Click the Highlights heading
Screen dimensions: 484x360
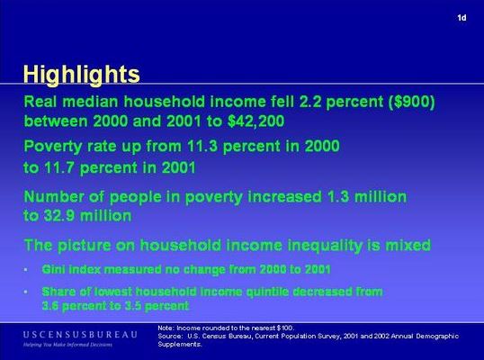coord(82,75)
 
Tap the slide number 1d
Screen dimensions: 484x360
coord(462,18)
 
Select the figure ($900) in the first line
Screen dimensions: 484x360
coord(412,102)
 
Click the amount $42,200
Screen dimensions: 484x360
coord(255,121)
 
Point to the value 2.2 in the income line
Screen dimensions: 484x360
coord(310,102)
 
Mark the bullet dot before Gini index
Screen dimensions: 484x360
coord(25,270)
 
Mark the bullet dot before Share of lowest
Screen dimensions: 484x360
coord(25,292)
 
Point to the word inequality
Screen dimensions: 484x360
coord(325,246)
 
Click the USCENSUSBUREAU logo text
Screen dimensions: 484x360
coord(80,335)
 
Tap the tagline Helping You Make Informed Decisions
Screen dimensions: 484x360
coord(67,345)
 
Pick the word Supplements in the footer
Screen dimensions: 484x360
coord(180,345)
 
